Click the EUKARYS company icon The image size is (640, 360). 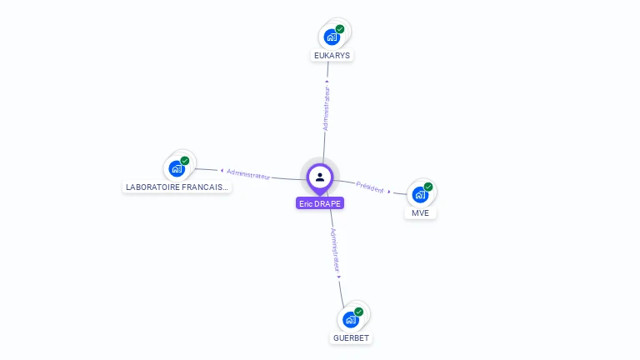point(332,37)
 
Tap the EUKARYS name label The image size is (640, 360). point(332,56)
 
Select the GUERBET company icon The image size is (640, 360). point(351,319)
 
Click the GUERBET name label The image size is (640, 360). point(351,338)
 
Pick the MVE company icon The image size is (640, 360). point(420,195)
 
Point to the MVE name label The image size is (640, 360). point(420,213)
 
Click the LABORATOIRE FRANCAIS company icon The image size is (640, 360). point(177,168)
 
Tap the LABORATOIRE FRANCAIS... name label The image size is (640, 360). point(176,187)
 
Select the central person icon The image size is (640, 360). point(320,177)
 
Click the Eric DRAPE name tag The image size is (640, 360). point(320,203)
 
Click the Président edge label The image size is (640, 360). point(370,187)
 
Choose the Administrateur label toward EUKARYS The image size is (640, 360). point(327,107)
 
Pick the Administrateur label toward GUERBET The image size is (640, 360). point(335,251)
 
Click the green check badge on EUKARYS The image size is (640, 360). point(340,29)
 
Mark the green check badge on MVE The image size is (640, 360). point(428,187)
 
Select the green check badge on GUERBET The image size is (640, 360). point(359,312)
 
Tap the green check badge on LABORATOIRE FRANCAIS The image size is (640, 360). point(185,160)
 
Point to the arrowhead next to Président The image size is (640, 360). point(389,192)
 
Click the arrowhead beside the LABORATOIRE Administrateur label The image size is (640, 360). point(222,171)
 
